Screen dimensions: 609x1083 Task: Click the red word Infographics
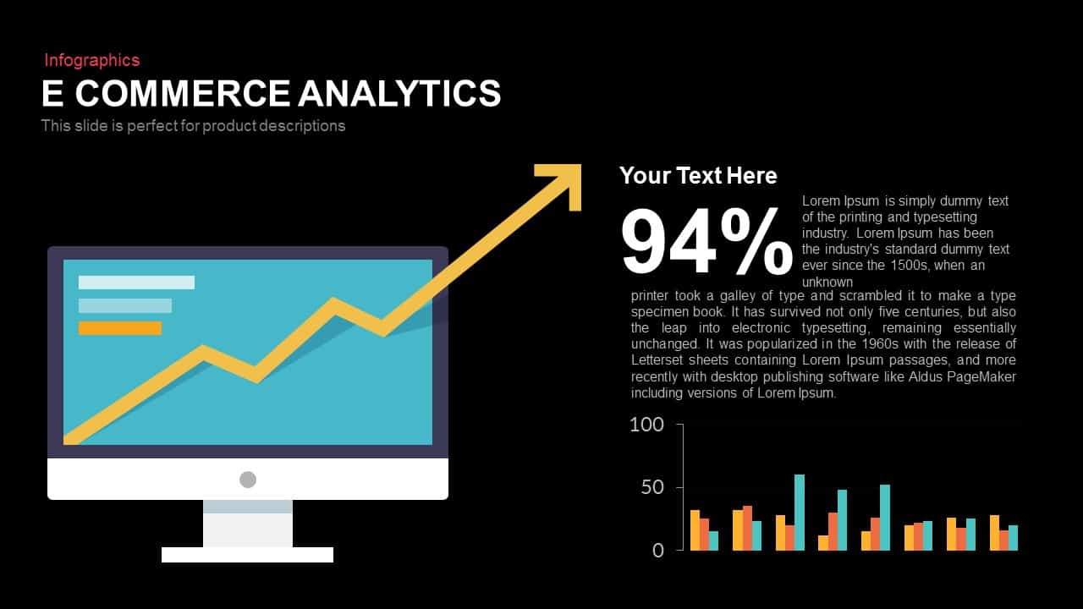point(92,60)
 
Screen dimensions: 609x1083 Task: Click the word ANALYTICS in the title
point(399,93)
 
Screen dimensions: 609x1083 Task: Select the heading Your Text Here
point(698,175)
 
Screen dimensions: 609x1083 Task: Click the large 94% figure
point(706,243)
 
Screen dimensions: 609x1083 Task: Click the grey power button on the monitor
point(248,480)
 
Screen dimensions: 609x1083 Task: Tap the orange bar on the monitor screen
point(120,328)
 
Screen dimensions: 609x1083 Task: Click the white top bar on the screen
point(136,283)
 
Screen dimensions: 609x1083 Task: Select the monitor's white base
point(247,555)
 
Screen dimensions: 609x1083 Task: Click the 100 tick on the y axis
point(647,425)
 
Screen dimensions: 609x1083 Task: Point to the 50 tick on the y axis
point(652,487)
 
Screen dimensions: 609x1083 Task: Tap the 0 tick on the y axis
point(658,550)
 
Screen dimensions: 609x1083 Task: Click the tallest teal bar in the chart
point(800,512)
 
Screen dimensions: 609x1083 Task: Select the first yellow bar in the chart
point(695,530)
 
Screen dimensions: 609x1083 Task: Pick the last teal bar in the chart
point(1013,538)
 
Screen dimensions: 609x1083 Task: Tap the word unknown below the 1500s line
point(827,282)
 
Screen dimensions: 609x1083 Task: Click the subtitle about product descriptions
point(194,126)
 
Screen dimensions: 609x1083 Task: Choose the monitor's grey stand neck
point(248,524)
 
